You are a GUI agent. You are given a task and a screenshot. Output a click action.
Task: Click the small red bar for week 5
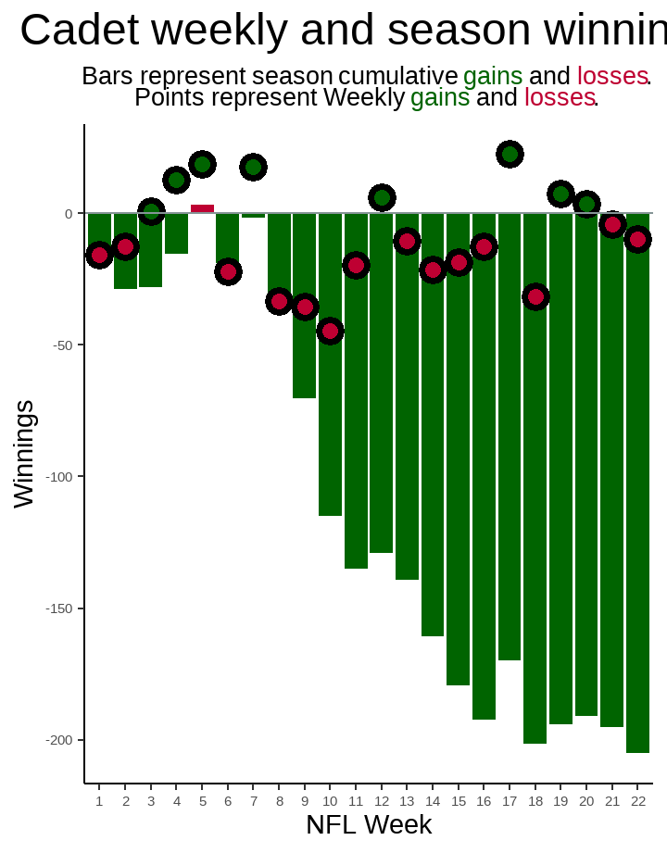tap(202, 209)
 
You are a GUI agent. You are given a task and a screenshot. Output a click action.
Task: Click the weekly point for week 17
tap(510, 154)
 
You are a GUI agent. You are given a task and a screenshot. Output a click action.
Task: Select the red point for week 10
tap(330, 331)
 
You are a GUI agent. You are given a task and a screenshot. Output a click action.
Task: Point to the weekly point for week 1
tap(99, 255)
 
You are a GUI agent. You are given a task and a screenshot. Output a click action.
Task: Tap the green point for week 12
tap(382, 197)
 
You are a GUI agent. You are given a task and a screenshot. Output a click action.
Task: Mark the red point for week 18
tap(535, 297)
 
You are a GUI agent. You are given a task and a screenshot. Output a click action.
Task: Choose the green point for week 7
tap(253, 167)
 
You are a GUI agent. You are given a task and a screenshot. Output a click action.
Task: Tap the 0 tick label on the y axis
tap(69, 214)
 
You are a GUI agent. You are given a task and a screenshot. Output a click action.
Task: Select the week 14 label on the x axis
tap(433, 801)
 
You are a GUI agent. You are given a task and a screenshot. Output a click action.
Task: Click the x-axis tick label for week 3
tap(151, 801)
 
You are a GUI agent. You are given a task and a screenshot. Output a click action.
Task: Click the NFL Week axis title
tap(369, 824)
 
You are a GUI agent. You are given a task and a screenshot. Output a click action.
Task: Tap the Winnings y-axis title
tap(24, 454)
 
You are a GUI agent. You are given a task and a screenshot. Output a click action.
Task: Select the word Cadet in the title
tap(79, 31)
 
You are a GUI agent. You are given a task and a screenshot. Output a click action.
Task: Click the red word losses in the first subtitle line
tap(611, 76)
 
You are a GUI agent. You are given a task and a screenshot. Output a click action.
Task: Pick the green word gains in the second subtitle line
tap(440, 97)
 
